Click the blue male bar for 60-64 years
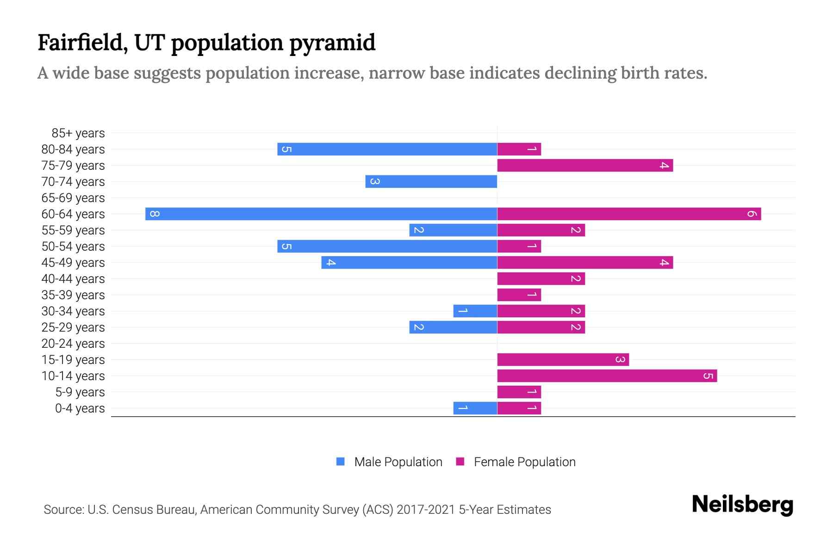pos(321,214)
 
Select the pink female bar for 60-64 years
pos(629,214)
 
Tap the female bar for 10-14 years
pos(607,376)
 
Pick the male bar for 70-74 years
pos(431,181)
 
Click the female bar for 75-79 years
pos(585,165)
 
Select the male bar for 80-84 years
pos(387,149)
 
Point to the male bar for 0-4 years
pos(475,408)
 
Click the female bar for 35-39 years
pos(519,295)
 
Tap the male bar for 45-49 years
pos(409,262)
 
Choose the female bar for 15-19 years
pos(563,359)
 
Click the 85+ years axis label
pos(78,133)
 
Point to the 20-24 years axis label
pos(73,344)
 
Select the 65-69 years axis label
pos(73,198)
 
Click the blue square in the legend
pos(341,462)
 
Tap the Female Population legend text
pos(524,462)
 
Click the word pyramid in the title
pos(332,43)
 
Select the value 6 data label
pos(752,214)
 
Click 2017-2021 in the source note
pos(426,510)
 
